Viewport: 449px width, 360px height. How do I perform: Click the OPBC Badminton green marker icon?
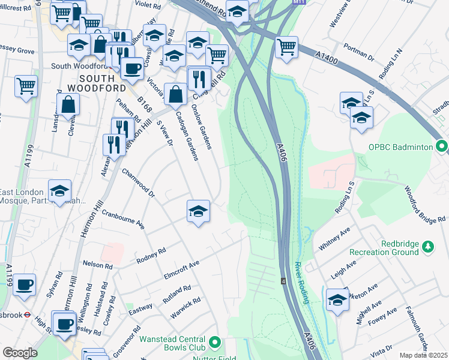pyautogui.click(x=442, y=146)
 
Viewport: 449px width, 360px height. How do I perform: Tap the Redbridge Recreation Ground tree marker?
pyautogui.click(x=427, y=246)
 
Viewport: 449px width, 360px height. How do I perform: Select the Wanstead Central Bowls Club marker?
pyautogui.click(x=214, y=343)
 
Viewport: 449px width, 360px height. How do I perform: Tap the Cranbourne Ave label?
pyautogui.click(x=124, y=219)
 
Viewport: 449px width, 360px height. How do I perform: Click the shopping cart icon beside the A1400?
pyautogui.click(x=287, y=46)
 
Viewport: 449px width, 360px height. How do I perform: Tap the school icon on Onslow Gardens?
pyautogui.click(x=198, y=211)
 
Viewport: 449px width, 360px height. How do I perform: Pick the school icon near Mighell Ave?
pyautogui.click(x=337, y=299)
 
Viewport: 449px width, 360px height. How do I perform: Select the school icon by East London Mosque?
pyautogui.click(x=59, y=191)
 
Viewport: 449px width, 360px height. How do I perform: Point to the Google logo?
pyautogui.click(x=20, y=353)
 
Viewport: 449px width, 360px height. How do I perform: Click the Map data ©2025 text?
pyautogui.click(x=423, y=355)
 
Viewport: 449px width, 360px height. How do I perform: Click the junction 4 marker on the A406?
pyautogui.click(x=282, y=281)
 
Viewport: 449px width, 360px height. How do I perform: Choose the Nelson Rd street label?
pyautogui.click(x=97, y=265)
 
